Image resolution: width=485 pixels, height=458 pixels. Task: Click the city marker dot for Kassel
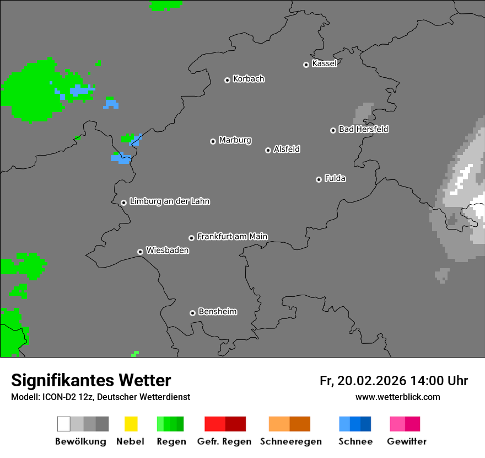[x=306, y=65]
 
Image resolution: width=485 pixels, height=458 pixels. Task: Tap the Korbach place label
[x=249, y=79]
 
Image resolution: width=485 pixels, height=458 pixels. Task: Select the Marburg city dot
[x=213, y=141]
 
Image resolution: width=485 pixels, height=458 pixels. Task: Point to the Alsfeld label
[x=287, y=149]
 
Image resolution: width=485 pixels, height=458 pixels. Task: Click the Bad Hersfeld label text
[x=363, y=129]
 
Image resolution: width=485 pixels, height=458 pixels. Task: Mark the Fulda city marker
[x=319, y=179]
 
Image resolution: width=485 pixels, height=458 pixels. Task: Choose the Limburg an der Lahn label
[x=169, y=201]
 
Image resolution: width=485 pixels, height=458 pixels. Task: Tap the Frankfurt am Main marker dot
[x=191, y=238]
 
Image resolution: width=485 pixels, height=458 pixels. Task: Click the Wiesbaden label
[x=167, y=251]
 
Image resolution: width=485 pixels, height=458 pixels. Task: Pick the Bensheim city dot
[x=192, y=313]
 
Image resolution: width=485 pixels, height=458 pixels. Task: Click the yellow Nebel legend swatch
[x=131, y=424]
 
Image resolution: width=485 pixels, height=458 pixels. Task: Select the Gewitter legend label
[x=407, y=441]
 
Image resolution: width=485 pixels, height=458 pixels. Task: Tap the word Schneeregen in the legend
[x=290, y=441]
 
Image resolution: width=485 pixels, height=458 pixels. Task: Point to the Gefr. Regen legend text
[x=224, y=441]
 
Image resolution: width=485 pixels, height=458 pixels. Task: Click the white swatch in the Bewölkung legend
[x=64, y=424]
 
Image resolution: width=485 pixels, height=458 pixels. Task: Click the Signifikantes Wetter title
[x=91, y=380]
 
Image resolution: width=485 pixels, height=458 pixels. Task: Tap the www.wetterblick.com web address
[x=397, y=397]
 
